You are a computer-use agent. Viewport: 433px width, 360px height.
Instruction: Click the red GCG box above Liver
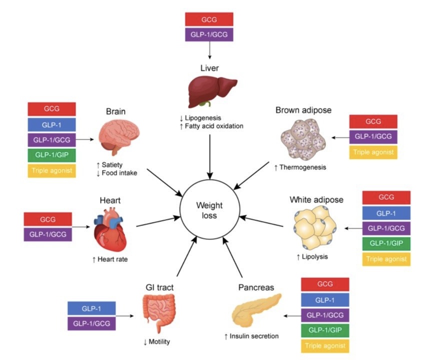(x=208, y=19)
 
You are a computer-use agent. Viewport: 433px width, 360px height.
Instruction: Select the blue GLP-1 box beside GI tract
(x=91, y=308)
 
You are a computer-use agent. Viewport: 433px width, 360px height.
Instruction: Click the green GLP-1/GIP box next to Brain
(x=52, y=155)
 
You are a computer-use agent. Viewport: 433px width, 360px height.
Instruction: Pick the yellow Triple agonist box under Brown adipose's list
(x=373, y=152)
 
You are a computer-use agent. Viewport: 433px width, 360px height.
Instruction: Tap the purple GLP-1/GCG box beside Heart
(x=47, y=233)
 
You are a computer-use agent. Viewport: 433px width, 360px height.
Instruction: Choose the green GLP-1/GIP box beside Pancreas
(x=325, y=330)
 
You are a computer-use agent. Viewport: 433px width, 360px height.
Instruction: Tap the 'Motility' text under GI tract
(x=159, y=342)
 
